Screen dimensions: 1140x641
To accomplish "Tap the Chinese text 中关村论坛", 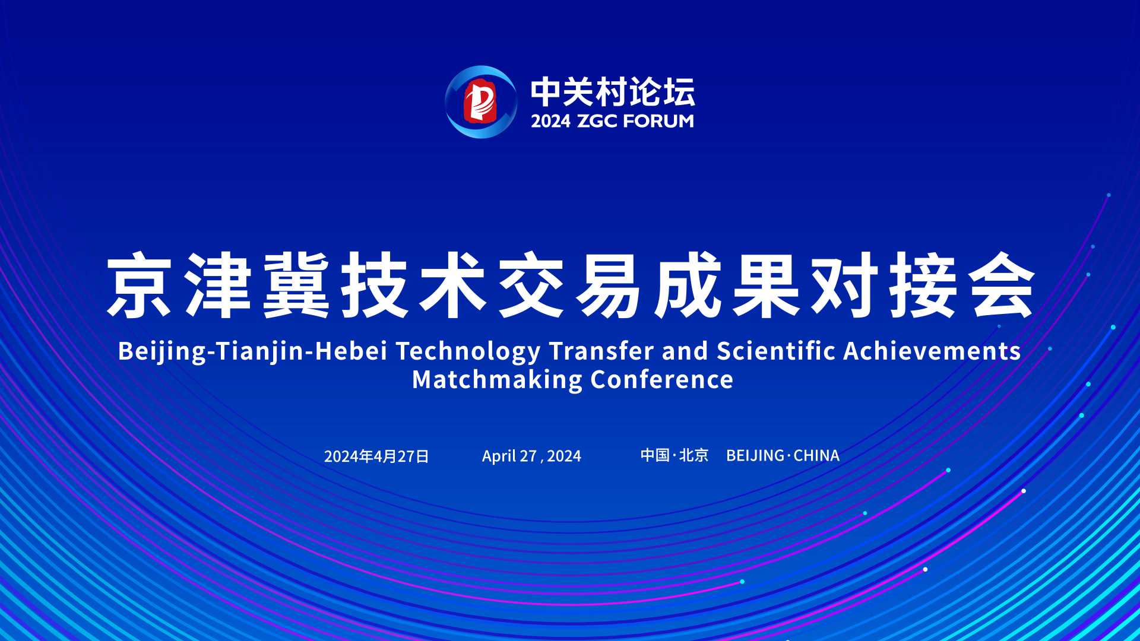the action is coord(612,92).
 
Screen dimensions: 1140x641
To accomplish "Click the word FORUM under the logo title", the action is coord(658,121).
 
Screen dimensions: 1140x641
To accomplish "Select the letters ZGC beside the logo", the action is coord(597,121).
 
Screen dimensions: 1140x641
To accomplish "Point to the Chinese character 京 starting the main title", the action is coord(140,285).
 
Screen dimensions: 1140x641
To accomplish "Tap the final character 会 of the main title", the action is coord(1003,285).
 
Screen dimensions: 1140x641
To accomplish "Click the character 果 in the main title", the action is coord(767,285).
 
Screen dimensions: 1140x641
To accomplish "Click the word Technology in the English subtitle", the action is coord(468,351).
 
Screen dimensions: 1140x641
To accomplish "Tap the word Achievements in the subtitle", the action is coord(932,350).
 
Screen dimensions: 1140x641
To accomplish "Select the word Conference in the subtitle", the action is coord(662,379).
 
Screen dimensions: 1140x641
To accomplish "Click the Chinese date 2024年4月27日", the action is coord(376,456).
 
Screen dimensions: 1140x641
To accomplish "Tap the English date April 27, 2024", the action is coord(531,456).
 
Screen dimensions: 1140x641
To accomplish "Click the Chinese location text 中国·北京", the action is coord(674,455).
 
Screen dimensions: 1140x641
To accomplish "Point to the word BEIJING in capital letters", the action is coord(755,455).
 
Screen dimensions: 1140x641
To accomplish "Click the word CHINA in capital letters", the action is coord(816,455).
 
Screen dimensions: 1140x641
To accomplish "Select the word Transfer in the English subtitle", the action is coord(601,350).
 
